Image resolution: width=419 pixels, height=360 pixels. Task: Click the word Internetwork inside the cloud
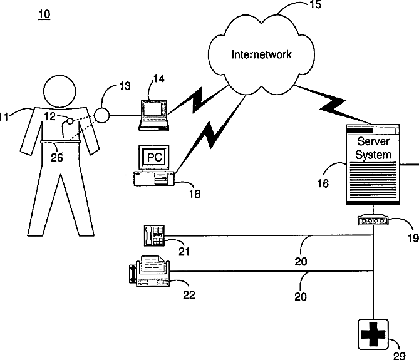[261, 54]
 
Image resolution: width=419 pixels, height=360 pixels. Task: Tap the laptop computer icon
[153, 115]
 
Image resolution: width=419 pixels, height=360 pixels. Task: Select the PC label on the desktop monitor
[155, 157]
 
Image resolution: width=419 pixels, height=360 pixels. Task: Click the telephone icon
[154, 235]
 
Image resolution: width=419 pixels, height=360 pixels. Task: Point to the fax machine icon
[149, 271]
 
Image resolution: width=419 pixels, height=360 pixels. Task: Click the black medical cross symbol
[373, 334]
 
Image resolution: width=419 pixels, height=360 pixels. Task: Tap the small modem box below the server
[373, 220]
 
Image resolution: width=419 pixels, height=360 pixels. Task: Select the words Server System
[373, 148]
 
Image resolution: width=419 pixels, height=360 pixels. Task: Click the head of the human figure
[59, 91]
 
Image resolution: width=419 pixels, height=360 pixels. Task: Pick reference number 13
[125, 86]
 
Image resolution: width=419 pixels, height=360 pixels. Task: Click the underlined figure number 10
[44, 14]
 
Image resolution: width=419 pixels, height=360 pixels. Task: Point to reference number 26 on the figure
[57, 158]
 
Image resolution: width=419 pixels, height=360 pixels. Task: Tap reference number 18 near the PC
[195, 194]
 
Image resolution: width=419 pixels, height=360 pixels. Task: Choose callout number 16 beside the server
[323, 183]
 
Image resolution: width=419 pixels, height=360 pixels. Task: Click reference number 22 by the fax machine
[189, 295]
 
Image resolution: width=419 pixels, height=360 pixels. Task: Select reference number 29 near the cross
[400, 356]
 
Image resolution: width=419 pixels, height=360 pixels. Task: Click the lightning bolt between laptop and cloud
[197, 100]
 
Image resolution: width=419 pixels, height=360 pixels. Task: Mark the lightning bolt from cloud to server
[333, 105]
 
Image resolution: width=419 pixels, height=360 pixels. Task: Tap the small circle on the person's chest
[70, 121]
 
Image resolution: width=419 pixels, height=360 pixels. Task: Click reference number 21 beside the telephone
[184, 252]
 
